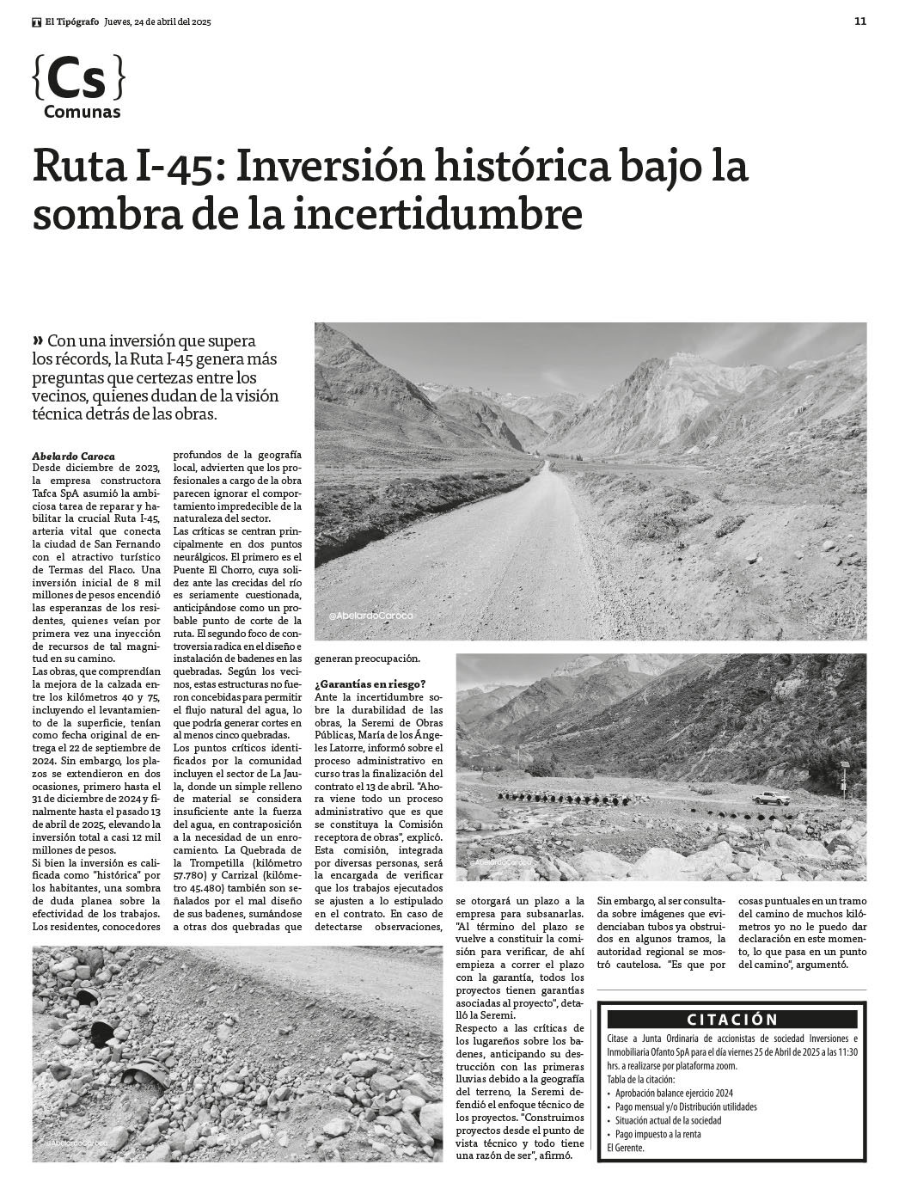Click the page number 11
point(859,22)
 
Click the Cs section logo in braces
point(78,79)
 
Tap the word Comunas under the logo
point(82,113)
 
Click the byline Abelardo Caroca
point(72,456)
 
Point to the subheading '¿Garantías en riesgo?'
point(370,684)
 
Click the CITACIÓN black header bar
point(731,1020)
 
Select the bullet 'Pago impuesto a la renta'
point(657,1134)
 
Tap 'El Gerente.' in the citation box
point(626,1148)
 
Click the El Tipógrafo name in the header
point(72,22)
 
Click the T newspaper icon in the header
point(37,22)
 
